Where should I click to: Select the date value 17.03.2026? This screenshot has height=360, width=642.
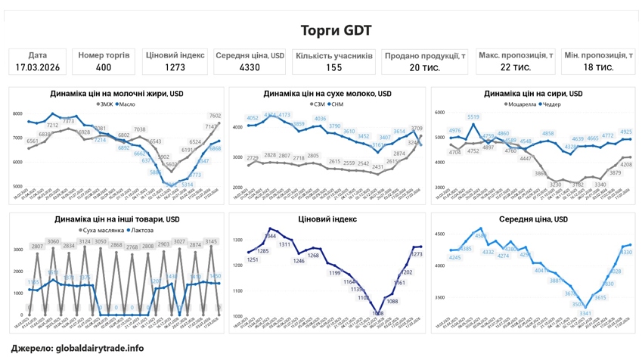[38, 67]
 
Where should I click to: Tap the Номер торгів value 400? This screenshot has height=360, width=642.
[104, 67]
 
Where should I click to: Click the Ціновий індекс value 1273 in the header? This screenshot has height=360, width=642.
[175, 67]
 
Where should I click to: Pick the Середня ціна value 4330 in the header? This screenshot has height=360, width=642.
[250, 67]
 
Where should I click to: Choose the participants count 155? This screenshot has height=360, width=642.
[333, 67]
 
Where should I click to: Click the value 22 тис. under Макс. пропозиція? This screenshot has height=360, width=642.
[515, 67]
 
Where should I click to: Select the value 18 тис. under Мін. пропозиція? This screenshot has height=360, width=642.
[598, 67]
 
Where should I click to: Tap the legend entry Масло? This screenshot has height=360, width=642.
[127, 104]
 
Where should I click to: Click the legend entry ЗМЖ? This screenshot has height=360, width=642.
[105, 104]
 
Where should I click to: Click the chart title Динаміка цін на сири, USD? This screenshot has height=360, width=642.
[533, 94]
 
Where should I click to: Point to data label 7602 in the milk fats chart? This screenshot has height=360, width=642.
[215, 116]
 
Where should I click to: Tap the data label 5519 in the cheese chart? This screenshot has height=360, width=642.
[473, 117]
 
